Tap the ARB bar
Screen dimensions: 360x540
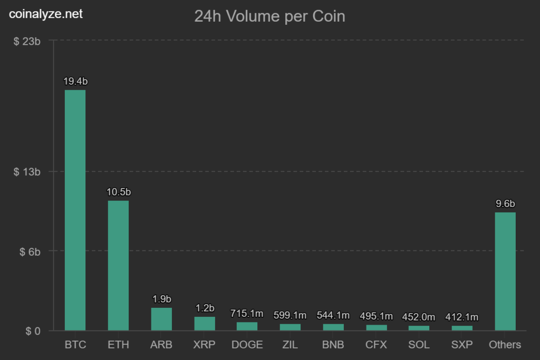[161, 319]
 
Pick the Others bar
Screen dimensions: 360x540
[505, 271]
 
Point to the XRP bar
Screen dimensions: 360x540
[205, 323]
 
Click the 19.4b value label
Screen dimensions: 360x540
[75, 82]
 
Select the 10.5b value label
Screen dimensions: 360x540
[119, 192]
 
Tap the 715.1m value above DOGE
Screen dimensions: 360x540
[247, 314]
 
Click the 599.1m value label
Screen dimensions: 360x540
[290, 316]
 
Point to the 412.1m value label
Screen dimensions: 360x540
[462, 317]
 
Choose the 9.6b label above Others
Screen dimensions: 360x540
[505, 204]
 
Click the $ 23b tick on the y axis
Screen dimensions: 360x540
[27, 41]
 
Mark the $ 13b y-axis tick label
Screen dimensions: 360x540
[27, 172]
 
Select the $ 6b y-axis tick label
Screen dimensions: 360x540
[30, 252]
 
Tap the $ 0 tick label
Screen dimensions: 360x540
[33, 331]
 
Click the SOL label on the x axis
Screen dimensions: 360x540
[419, 345]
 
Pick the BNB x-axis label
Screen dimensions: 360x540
[333, 345]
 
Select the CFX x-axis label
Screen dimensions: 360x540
[376, 345]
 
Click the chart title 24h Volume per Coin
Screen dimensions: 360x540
[270, 16]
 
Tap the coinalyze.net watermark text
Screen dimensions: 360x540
[46, 14]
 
